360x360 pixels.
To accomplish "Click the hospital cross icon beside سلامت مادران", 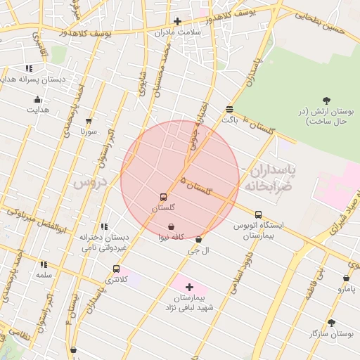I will (x=177, y=21).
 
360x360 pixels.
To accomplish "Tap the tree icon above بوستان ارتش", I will (x=326, y=101).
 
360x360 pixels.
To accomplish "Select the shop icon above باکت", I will (x=230, y=108).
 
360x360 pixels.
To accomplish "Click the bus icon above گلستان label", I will (x=164, y=197).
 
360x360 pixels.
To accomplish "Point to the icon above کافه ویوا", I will (x=172, y=226).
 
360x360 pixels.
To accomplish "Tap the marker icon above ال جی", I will (x=199, y=239).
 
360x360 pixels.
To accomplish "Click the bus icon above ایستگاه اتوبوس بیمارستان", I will (x=258, y=214).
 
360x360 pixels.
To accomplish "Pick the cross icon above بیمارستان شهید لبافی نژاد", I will (x=189, y=287).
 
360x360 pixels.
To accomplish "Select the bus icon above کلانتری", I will (x=116, y=269).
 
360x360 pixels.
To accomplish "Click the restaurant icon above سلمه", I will (x=44, y=264).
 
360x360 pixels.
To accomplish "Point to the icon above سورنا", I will (x=89, y=121).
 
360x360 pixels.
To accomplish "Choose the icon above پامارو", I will (x=347, y=278).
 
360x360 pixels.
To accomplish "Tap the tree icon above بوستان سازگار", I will (x=330, y=323).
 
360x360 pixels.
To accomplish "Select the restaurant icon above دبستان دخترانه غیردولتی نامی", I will (x=104, y=226).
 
